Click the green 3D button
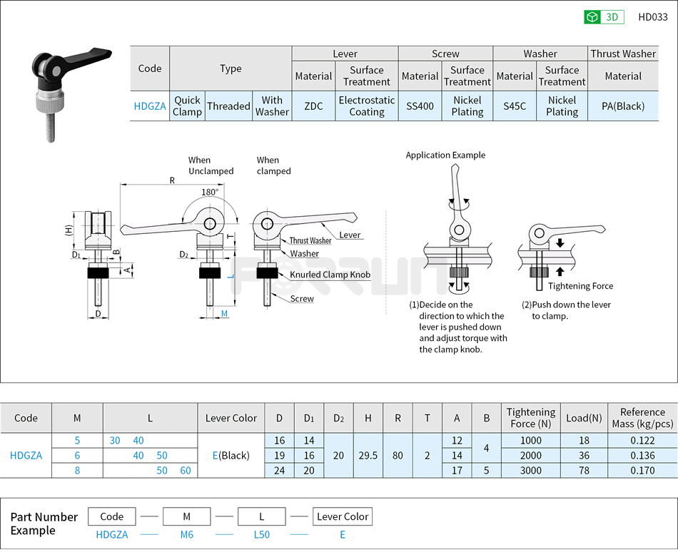[x=604, y=17]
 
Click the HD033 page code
[x=652, y=17]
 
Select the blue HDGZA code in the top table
[x=150, y=106]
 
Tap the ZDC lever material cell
[x=313, y=106]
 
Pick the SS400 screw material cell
[x=420, y=106]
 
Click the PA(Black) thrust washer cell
[x=623, y=106]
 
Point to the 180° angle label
[x=210, y=193]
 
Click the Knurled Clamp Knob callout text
[x=330, y=275]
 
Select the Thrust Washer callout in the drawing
[x=310, y=241]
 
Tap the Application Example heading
[x=445, y=155]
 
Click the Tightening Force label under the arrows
[x=580, y=286]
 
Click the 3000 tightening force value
[x=530, y=470]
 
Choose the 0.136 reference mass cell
[x=642, y=455]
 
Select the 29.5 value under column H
[x=368, y=455]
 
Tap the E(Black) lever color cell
[x=231, y=455]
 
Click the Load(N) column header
[x=584, y=418]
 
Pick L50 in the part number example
[x=261, y=534]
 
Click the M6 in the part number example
[x=186, y=534]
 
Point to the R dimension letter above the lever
[x=172, y=180]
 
